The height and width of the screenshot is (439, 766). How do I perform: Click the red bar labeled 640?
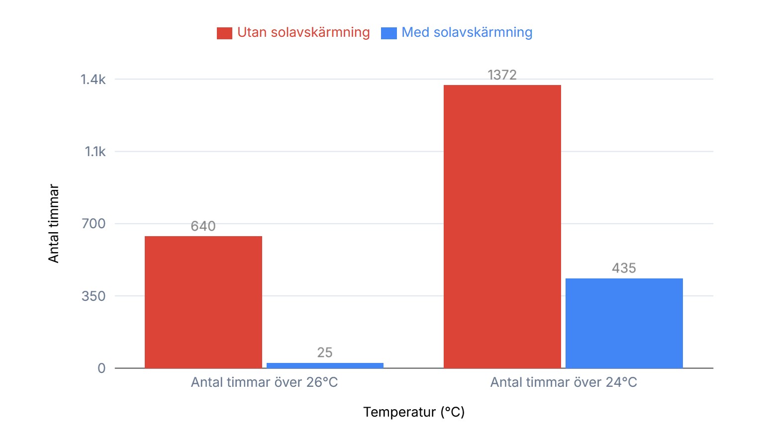203,302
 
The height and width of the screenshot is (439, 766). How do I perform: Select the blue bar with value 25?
325,365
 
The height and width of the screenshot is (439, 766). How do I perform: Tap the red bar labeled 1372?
502,226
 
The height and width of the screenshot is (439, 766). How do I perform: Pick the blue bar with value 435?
624,323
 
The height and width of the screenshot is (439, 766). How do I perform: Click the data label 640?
203,226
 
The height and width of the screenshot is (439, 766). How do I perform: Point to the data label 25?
325,352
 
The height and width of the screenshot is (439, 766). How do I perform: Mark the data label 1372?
502,75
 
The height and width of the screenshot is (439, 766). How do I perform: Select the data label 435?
624,268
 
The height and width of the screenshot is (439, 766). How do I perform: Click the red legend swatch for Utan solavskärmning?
224,33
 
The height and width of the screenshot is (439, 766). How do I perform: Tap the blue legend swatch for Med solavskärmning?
388,33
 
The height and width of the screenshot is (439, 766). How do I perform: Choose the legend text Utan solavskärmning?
303,32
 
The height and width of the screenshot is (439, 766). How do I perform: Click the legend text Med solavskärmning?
467,32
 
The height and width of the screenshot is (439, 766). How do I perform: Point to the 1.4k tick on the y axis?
93,80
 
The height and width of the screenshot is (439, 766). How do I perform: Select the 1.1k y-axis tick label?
95,152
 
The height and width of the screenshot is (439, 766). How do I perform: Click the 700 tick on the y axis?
94,224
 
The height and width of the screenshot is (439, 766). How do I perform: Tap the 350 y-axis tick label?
94,296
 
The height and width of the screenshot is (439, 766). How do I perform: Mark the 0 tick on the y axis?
101,368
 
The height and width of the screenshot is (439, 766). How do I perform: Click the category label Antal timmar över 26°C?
264,382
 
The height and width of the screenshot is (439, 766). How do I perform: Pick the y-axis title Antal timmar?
54,223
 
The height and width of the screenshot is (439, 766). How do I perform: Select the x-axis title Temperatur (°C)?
414,412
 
